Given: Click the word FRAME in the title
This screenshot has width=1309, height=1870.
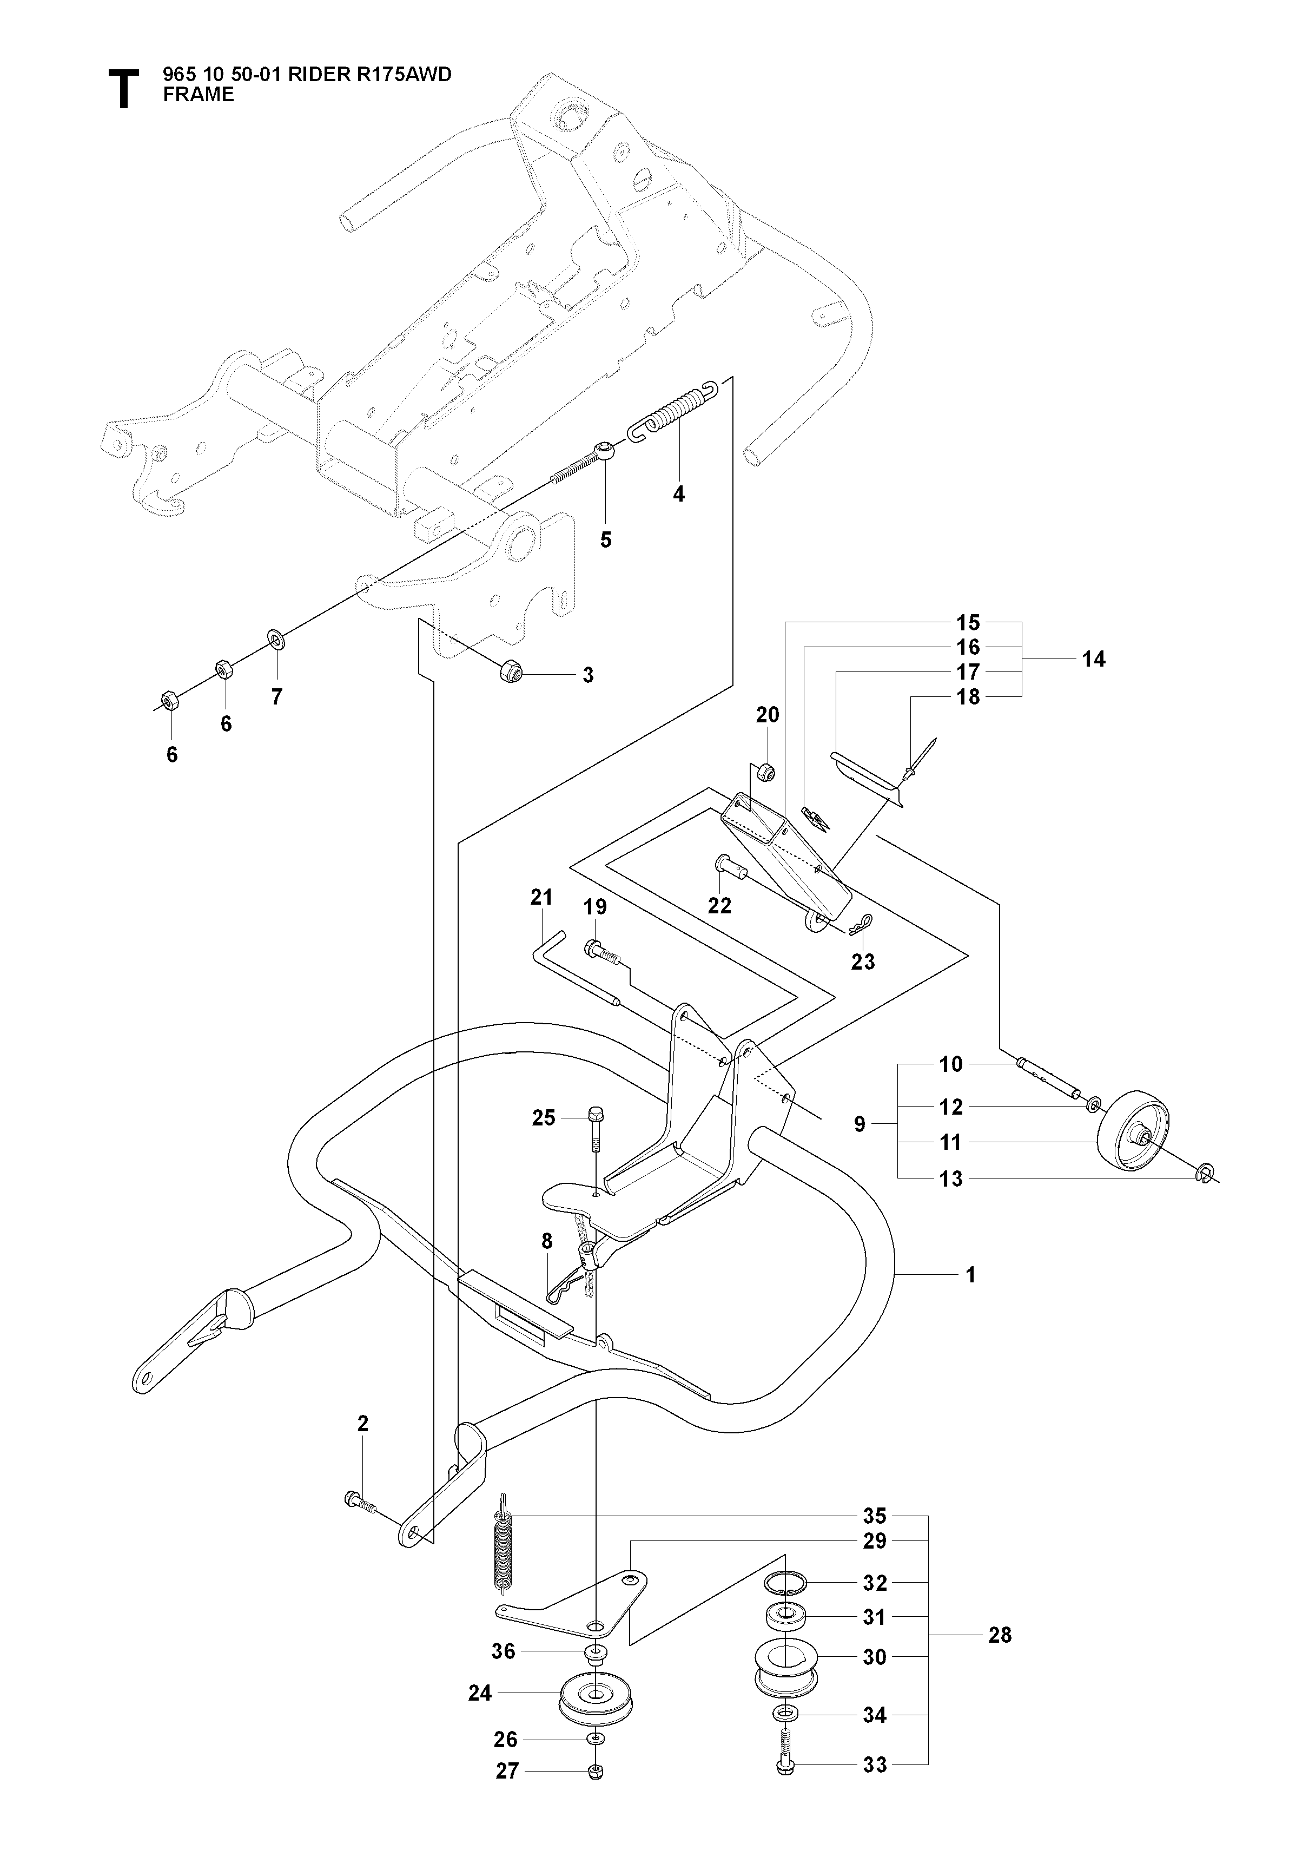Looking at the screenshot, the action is [x=198, y=95].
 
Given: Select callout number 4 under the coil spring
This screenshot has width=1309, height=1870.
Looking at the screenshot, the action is [x=679, y=493].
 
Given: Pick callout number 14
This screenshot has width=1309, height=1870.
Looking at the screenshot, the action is [x=1093, y=659].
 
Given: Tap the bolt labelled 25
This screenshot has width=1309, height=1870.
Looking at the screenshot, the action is [x=595, y=1128].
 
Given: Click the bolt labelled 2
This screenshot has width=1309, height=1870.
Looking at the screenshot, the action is [x=361, y=1501].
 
